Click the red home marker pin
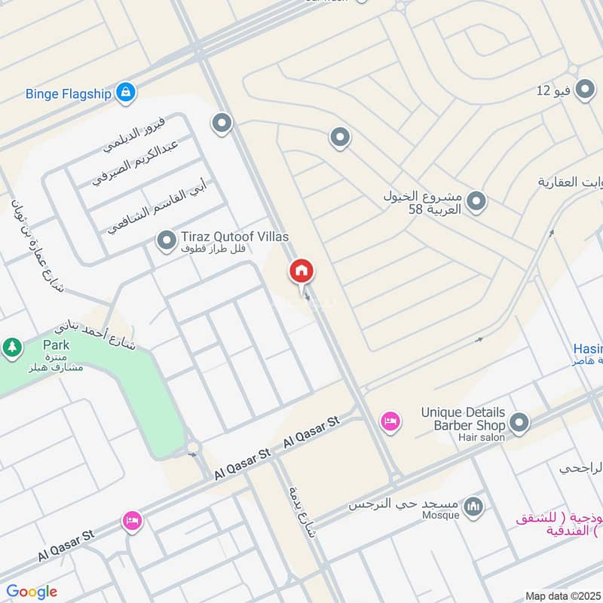(x=301, y=271)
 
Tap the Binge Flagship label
(x=69, y=93)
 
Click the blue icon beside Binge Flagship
(x=126, y=92)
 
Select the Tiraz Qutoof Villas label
(x=234, y=236)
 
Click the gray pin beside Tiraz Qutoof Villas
(x=165, y=241)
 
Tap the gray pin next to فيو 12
(x=584, y=91)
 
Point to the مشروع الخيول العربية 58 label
(x=422, y=201)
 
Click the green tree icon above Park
(x=11, y=347)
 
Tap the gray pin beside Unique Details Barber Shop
(x=518, y=424)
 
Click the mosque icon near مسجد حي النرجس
(x=473, y=504)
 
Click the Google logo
(x=32, y=592)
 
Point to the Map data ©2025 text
(x=562, y=595)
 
